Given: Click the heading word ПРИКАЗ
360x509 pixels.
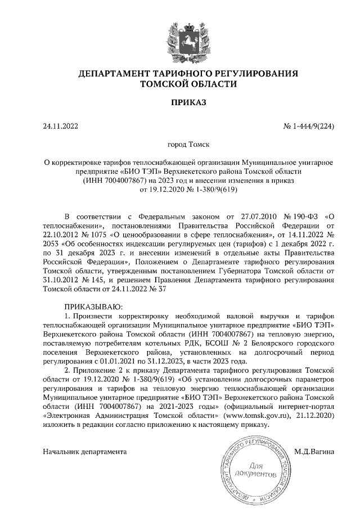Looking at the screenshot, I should pyautogui.click(x=179, y=102).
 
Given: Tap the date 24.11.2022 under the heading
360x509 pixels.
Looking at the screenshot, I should pyautogui.click(x=61, y=126).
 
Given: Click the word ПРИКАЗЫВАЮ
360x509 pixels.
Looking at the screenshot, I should pyautogui.click(x=90, y=306).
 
